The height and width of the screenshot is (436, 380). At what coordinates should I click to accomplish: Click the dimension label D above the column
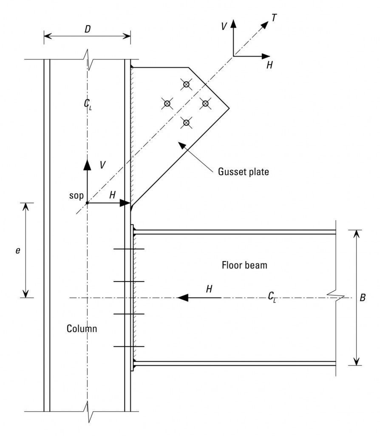point(87,29)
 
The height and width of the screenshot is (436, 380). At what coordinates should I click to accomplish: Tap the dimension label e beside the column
point(17,251)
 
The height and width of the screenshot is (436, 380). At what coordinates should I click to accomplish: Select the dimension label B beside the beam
point(362,298)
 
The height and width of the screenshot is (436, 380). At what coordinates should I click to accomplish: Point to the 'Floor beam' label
point(244,265)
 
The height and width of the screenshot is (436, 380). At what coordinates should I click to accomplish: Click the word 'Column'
point(82,329)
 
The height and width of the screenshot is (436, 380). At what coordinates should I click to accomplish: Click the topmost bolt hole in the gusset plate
point(186,84)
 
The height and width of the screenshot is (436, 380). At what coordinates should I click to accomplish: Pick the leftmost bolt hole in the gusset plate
point(167,103)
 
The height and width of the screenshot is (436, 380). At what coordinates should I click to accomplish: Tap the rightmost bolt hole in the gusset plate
point(205,103)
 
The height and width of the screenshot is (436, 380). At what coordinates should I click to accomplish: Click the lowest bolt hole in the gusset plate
point(186,123)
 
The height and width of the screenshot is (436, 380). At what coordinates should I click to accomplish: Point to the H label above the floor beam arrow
point(209,289)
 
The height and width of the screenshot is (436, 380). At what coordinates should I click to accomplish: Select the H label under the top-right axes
point(269,65)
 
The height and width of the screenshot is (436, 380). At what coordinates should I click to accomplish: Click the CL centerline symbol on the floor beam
point(272,298)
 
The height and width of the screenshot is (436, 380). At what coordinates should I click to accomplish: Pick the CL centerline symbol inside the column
point(88,104)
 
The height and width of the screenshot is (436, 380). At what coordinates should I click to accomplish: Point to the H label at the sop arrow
point(112,195)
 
